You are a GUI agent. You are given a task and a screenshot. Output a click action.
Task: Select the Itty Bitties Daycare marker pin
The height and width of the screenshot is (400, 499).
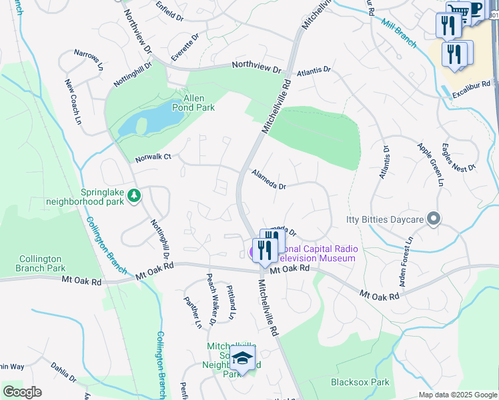tap(434, 219)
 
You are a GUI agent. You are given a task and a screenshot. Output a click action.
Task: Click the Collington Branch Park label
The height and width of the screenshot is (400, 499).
tap(40, 263)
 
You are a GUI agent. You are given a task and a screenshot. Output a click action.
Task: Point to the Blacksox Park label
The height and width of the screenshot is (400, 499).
tap(360, 383)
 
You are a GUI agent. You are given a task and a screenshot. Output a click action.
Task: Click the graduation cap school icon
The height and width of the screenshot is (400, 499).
tap(242, 358)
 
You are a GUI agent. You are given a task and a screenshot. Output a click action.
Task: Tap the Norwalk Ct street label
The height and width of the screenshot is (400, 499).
tap(153, 158)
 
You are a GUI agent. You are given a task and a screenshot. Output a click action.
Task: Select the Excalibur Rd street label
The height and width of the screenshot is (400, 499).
tap(471, 85)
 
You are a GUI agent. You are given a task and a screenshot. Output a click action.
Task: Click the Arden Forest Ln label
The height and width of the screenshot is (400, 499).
tap(406, 261)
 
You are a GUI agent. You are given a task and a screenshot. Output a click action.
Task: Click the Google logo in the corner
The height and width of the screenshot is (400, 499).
tap(22, 391)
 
